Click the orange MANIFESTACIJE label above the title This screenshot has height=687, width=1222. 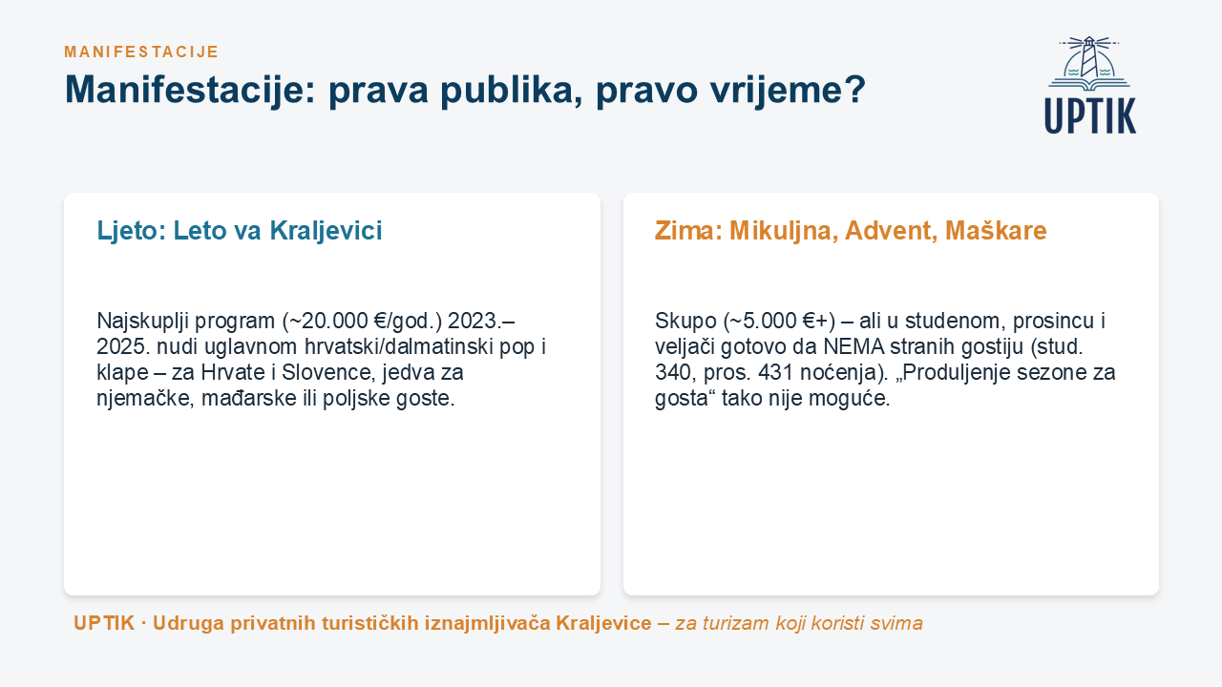point(141,52)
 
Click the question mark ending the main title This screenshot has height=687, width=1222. point(854,89)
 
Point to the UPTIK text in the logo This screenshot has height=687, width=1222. point(1090,115)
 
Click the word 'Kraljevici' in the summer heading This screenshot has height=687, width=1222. point(326,231)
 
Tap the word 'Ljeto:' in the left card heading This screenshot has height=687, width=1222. point(132,231)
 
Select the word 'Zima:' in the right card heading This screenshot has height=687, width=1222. point(688,231)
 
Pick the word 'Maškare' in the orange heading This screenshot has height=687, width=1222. point(996,231)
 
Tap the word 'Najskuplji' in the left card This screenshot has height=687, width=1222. point(142,322)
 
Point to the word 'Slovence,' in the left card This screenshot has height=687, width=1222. point(328,372)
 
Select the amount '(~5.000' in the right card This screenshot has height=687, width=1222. point(760,322)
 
